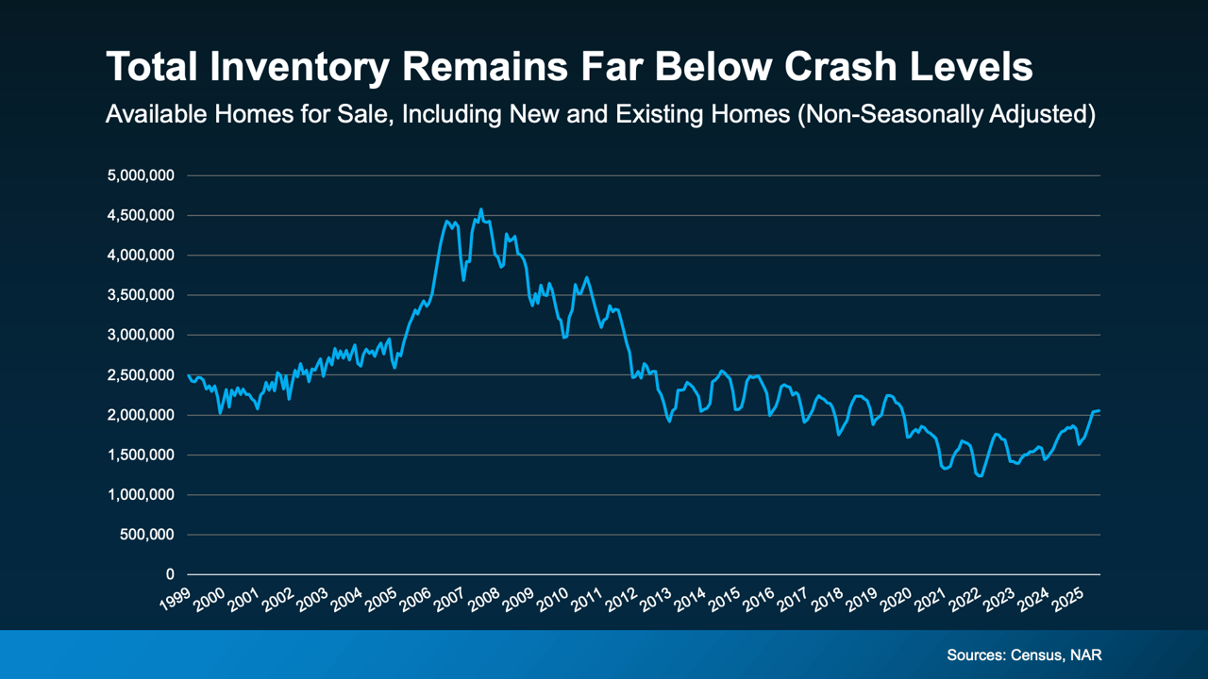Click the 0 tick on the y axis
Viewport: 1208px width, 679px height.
[170, 574]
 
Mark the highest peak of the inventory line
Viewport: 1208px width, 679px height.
[480, 209]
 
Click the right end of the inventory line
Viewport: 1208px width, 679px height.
[1099, 410]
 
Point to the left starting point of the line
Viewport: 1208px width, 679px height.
[189, 376]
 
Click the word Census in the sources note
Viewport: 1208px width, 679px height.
[1037, 654]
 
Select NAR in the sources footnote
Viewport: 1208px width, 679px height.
[1086, 654]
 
